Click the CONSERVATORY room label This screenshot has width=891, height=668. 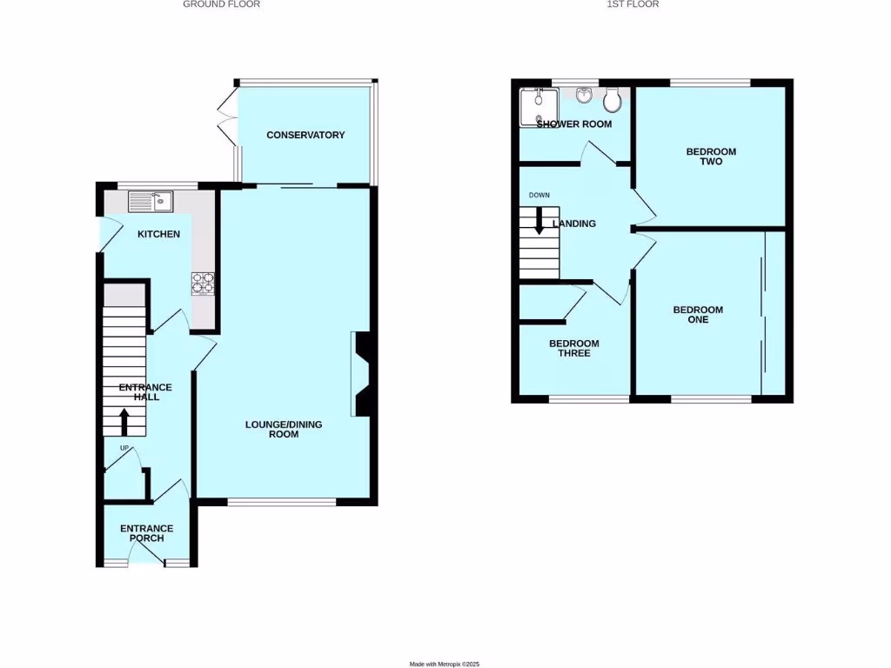pyautogui.click(x=305, y=135)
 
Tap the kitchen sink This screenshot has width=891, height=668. pyautogui.click(x=151, y=202)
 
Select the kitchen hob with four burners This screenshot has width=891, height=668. pyautogui.click(x=204, y=284)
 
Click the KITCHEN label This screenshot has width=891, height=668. pyautogui.click(x=158, y=234)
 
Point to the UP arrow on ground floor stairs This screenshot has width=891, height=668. pyautogui.click(x=124, y=423)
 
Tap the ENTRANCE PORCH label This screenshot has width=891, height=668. pyautogui.click(x=146, y=533)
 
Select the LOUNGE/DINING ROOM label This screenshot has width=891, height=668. pyautogui.click(x=284, y=429)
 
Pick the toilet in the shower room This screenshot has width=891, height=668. pyautogui.click(x=613, y=101)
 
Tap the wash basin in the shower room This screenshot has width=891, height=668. pyautogui.click(x=582, y=94)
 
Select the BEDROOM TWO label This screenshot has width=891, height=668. pyautogui.click(x=711, y=157)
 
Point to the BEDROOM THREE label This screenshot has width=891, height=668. pyautogui.click(x=573, y=348)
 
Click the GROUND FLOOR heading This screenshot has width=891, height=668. pyautogui.click(x=221, y=4)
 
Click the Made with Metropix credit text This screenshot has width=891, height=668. pyautogui.click(x=445, y=664)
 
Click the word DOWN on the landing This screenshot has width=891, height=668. pyautogui.click(x=539, y=195)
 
